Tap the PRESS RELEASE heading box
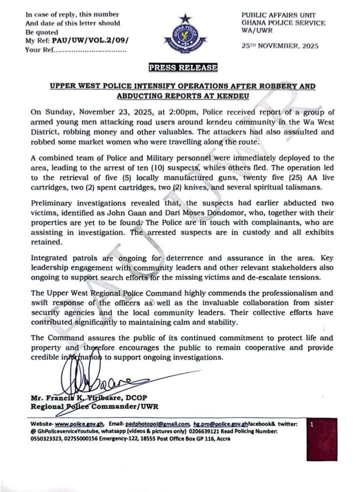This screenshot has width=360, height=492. (182, 68)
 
